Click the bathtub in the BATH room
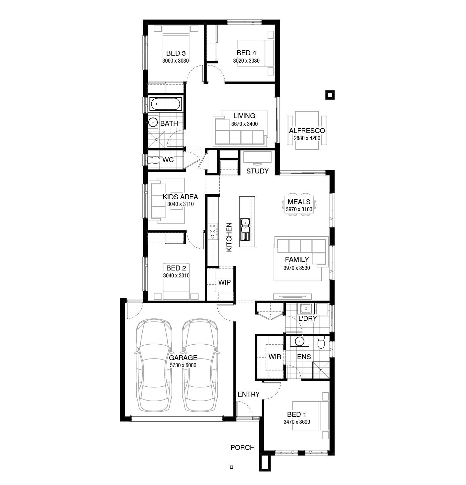(x=165, y=104)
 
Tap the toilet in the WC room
(x=154, y=160)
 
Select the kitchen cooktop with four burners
(x=213, y=231)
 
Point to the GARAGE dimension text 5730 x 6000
(x=183, y=365)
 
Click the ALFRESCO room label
(x=307, y=130)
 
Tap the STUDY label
(x=258, y=171)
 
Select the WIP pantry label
(x=225, y=282)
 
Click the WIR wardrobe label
(x=275, y=357)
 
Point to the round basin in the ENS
(x=299, y=341)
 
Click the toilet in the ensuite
(x=321, y=343)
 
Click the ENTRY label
(x=249, y=394)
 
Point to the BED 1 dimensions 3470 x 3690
(x=297, y=422)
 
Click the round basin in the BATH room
(x=153, y=122)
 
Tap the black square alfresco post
(x=330, y=95)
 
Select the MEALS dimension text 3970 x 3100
(x=299, y=209)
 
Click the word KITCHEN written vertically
(x=229, y=237)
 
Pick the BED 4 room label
(x=246, y=53)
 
